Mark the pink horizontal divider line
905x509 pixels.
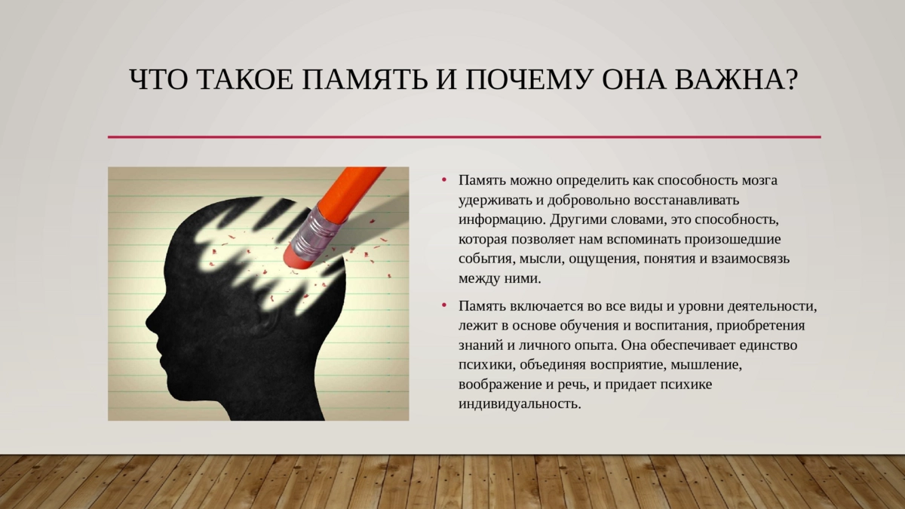pos(465,137)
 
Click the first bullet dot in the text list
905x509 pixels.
pos(444,180)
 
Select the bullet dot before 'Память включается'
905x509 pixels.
pos(444,306)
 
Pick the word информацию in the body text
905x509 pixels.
pos(502,220)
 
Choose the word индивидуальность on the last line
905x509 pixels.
pos(520,404)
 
